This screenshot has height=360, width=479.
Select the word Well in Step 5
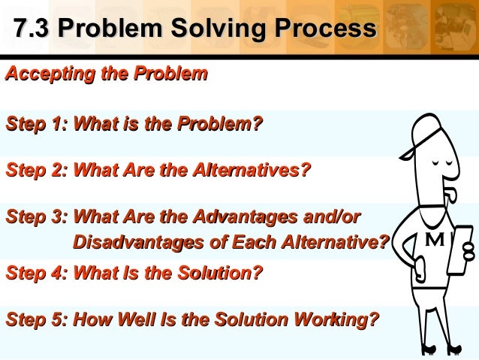(x=140, y=320)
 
